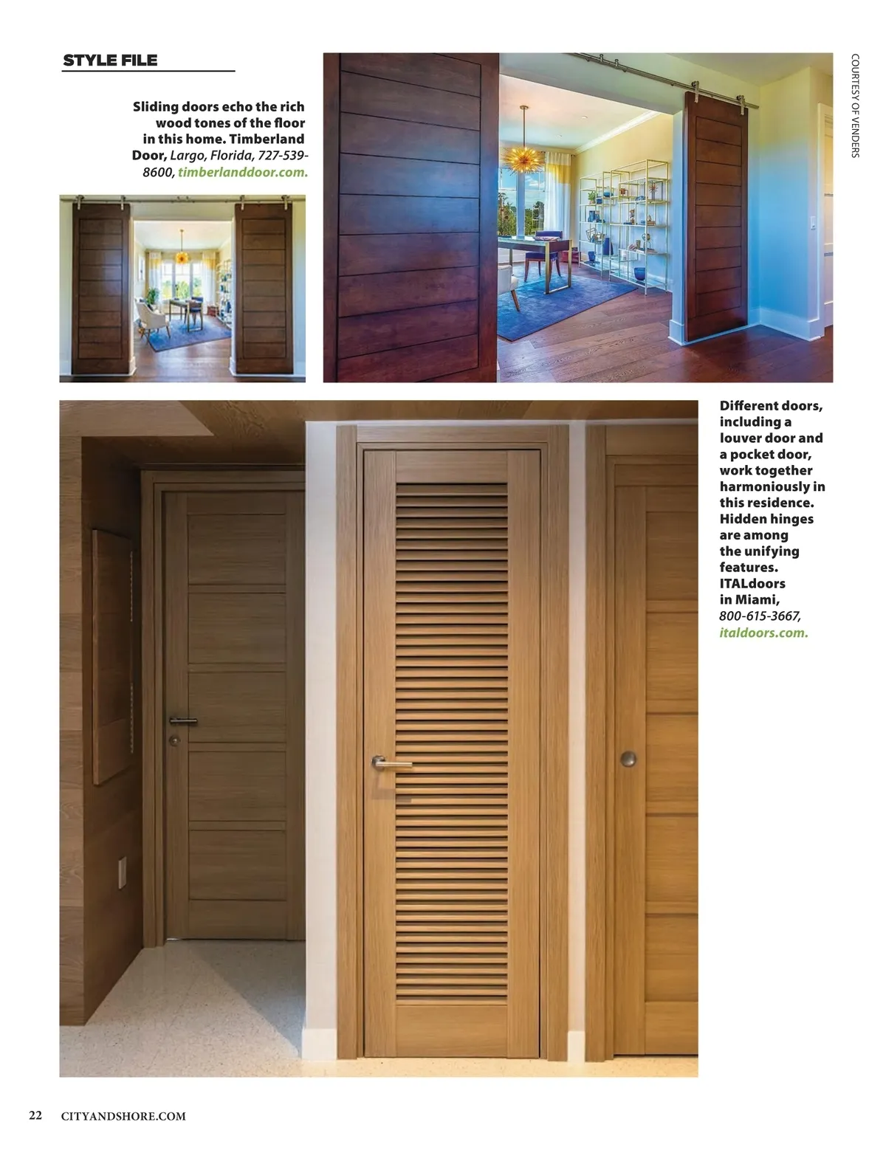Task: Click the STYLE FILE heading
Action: [x=110, y=61]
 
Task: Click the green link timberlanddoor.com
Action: [x=243, y=172]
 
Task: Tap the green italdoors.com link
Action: [x=763, y=633]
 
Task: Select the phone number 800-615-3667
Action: [x=760, y=616]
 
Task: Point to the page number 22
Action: [x=35, y=1115]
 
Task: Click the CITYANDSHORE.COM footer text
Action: [x=123, y=1116]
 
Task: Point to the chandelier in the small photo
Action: [x=181, y=256]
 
